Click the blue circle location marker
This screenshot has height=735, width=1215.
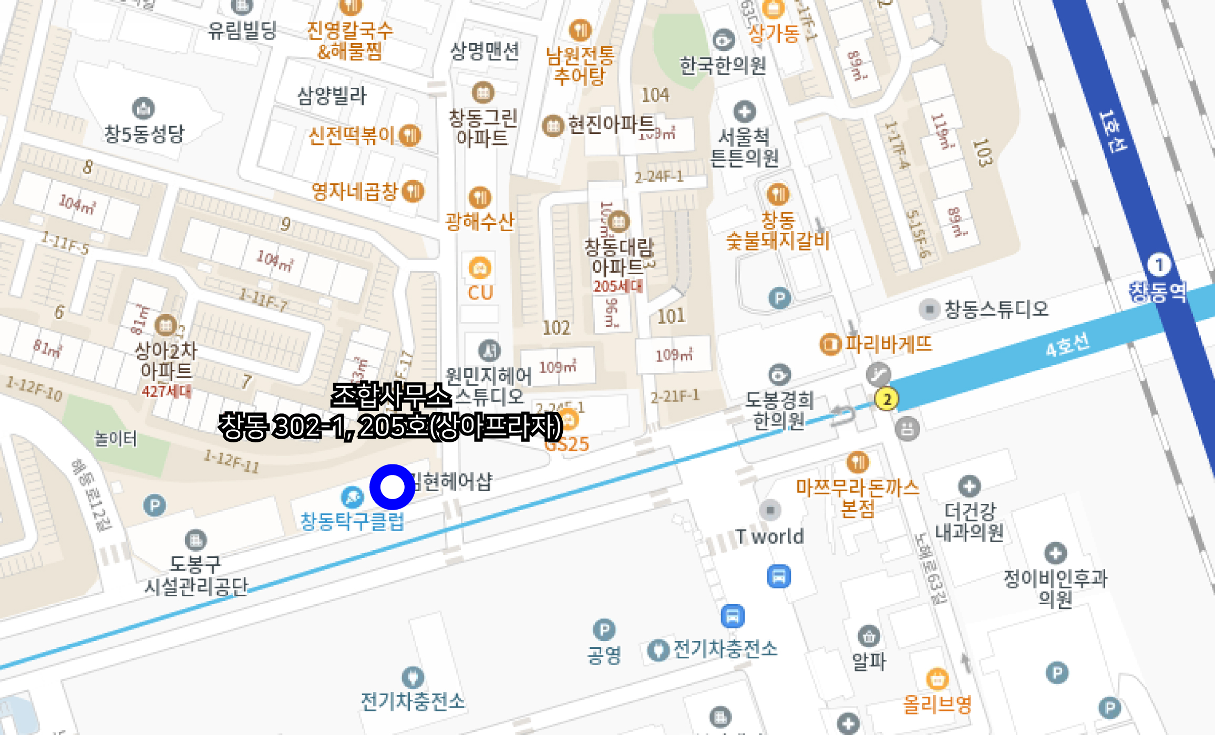tap(392, 487)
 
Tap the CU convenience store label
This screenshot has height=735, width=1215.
tap(480, 293)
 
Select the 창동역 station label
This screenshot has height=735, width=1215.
tap(1158, 292)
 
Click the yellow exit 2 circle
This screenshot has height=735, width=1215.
tap(887, 399)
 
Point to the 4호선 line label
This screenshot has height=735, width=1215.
tap(1067, 345)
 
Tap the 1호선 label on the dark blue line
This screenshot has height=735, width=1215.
tap(1113, 131)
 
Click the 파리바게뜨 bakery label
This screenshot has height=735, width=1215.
tap(888, 344)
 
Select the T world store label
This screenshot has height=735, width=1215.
tap(769, 536)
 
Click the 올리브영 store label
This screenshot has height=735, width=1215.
tap(937, 705)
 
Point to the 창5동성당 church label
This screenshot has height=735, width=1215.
tap(144, 133)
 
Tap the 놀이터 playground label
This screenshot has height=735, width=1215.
tap(115, 439)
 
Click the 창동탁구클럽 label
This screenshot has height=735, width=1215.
tap(352, 521)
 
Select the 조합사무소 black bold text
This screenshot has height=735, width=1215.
tap(391, 395)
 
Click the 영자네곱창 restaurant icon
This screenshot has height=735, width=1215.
tap(413, 191)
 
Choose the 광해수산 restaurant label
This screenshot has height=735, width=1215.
tap(479, 222)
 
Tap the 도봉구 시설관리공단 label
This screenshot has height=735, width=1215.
tap(195, 575)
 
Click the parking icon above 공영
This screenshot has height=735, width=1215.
tap(604, 629)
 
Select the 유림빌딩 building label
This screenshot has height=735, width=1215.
tap(242, 30)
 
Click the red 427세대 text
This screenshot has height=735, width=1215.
tap(166, 391)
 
